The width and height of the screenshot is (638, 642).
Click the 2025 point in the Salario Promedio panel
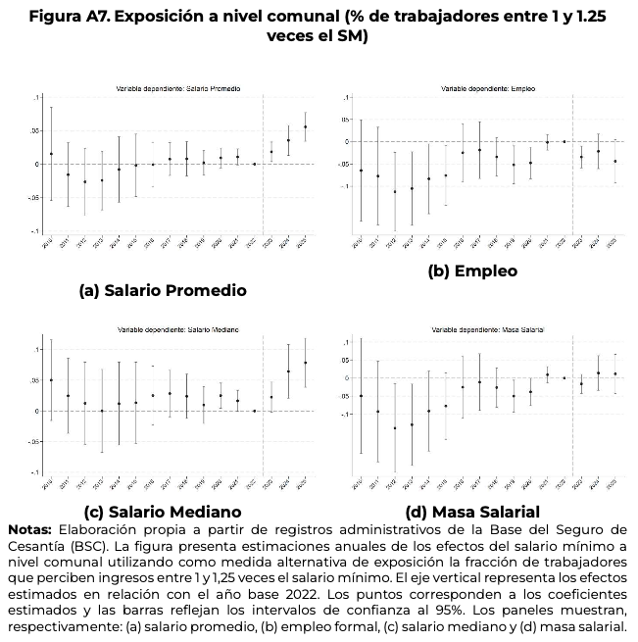pos(305,126)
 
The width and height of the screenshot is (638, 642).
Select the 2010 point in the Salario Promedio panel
pos(51,154)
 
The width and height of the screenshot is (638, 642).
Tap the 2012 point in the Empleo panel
pos(395,191)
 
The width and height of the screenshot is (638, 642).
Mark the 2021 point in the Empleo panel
pos(547,142)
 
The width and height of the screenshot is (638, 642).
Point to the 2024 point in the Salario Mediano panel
pos(288,370)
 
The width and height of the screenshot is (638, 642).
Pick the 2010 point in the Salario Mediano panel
pos(51,380)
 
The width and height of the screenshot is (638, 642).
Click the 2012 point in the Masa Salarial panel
pos(395,427)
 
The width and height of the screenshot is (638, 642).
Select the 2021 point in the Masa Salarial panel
pos(547,374)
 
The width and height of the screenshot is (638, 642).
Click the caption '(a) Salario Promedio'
pos(163,290)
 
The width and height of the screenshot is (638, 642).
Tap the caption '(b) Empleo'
pos(472,271)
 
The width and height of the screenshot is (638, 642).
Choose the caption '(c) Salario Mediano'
pos(163,512)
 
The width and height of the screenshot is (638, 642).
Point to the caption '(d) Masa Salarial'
pos(472,512)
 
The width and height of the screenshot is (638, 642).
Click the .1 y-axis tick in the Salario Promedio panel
pos(36,98)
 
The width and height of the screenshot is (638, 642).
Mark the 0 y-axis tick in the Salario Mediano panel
pos(35,411)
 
